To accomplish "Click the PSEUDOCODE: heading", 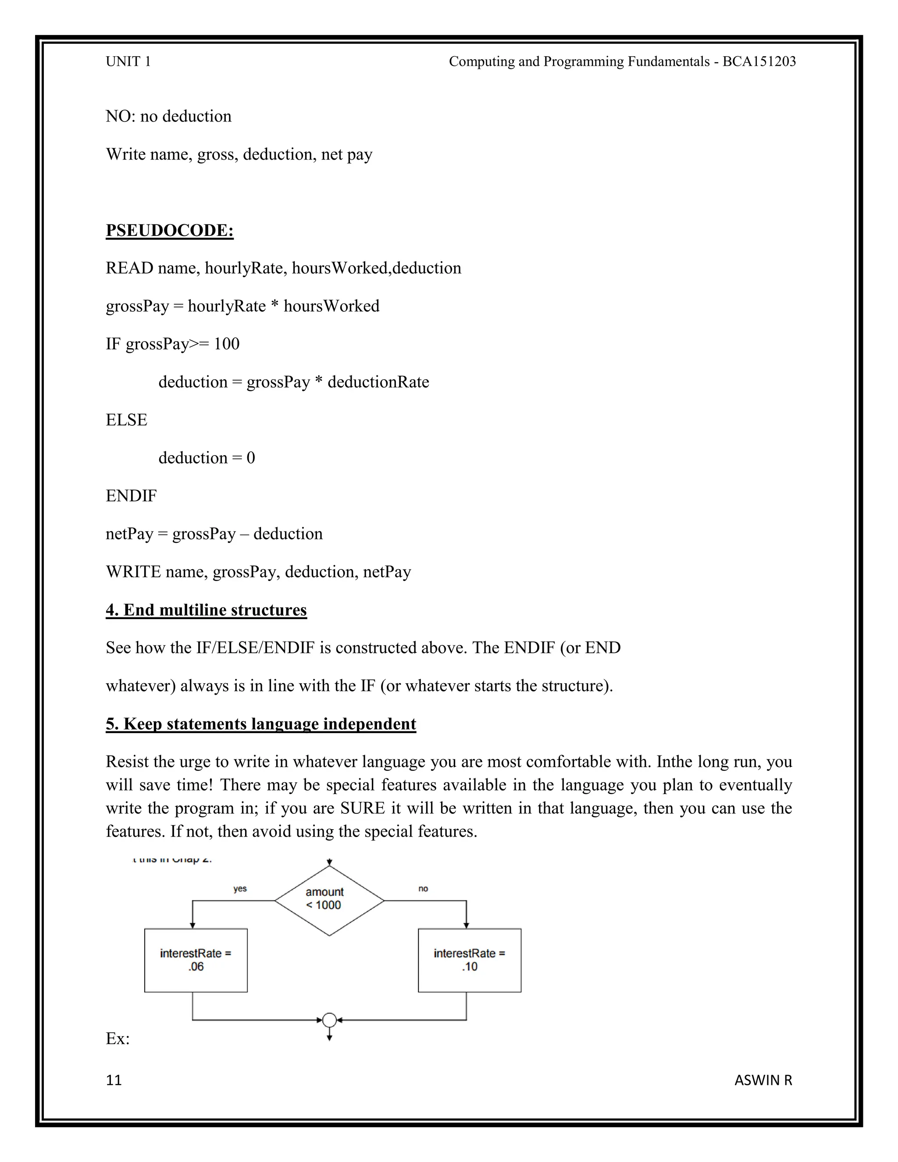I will pos(169,230).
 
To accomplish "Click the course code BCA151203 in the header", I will pos(759,62).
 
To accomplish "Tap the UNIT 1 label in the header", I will pos(128,62).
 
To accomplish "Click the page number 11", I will pos(114,1080).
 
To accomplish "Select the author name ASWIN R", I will pos(763,1080).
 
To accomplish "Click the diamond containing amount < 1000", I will pos(329,901).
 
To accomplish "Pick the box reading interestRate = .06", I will pos(196,960).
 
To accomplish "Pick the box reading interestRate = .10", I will pos(469,960).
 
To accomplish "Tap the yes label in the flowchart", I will pos(240,888).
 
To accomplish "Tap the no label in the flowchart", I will pos(423,888).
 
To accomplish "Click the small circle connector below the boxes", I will pos(329,1020).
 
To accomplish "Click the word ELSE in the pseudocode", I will pos(127,420).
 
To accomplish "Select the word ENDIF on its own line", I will pos(131,496).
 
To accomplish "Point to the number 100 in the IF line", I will pos(227,344).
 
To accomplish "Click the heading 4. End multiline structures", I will pos(206,610).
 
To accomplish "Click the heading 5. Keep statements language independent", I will pos(261,724).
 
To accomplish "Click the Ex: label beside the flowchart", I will pos(118,1038).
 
